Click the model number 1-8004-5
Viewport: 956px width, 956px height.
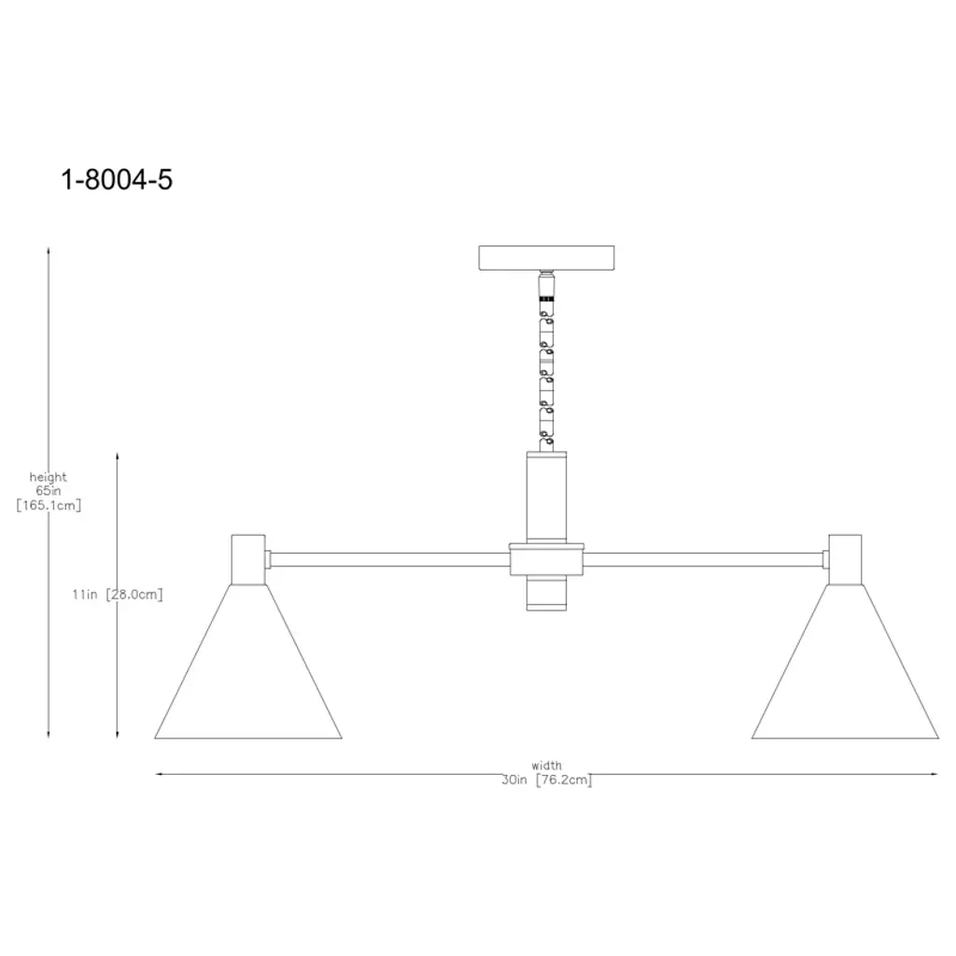tap(117, 180)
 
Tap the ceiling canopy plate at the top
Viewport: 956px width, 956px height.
tap(546, 258)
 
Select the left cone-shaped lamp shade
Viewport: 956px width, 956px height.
tap(248, 662)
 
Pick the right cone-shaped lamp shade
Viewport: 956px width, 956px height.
tap(845, 662)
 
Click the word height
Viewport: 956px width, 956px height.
tap(49, 477)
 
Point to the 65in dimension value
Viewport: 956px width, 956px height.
tap(49, 491)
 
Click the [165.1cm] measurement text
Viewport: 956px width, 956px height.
tap(49, 505)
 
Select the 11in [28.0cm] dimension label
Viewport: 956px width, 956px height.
tap(118, 595)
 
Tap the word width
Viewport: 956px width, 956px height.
tap(546, 766)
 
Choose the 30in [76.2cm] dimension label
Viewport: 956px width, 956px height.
tap(547, 780)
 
